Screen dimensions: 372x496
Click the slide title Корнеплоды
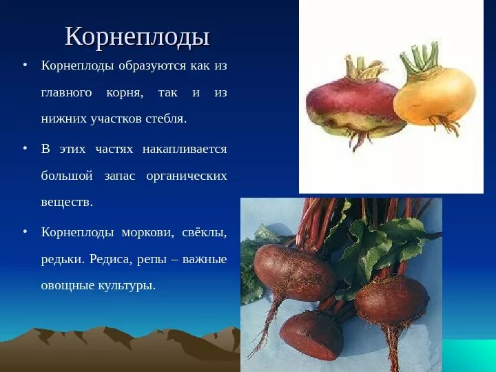pos(137,37)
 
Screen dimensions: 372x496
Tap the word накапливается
pos(184,149)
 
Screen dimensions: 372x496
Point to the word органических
pos(187,176)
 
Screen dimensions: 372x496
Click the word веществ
pos(66,203)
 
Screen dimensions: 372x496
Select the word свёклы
pos(203,232)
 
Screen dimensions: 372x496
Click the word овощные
pos(67,285)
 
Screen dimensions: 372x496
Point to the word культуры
pos(128,285)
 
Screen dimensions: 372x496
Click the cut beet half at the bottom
pos(311,334)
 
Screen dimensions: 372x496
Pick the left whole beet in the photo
pos(293,272)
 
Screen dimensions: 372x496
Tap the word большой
pos(66,176)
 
